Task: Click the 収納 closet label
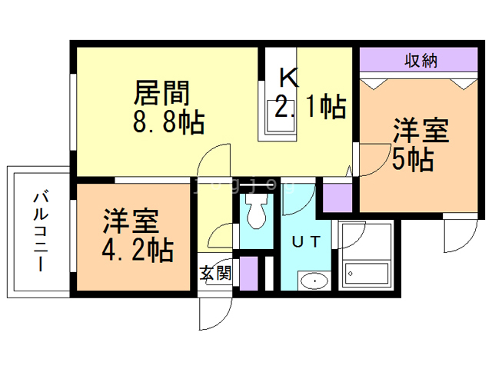point(421,60)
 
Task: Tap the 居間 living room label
point(162,93)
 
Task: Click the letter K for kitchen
point(289,77)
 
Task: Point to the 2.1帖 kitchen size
point(310,106)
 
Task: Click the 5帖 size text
point(413,159)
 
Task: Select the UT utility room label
point(306,241)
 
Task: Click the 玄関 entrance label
point(215,273)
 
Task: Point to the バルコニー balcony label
point(41,231)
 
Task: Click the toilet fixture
point(256,211)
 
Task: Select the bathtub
point(367,274)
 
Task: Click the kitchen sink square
point(281,116)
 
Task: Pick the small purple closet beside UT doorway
point(337,198)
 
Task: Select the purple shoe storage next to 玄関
point(249,274)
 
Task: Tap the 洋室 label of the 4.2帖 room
point(131,221)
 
